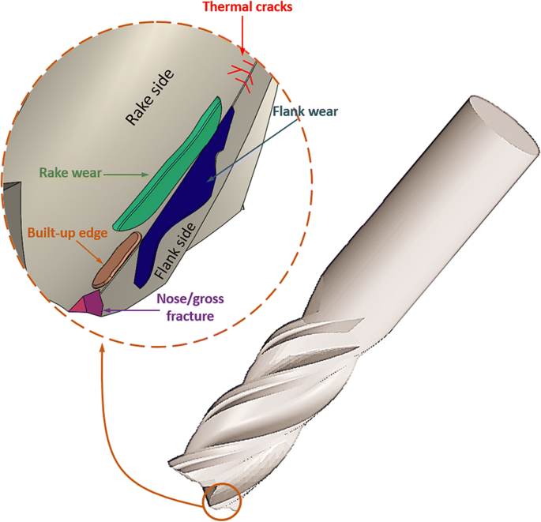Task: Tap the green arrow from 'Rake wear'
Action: [x=127, y=174]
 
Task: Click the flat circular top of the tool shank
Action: [x=498, y=126]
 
